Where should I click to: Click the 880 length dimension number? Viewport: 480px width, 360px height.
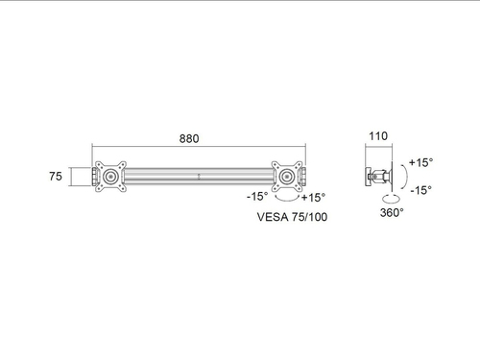189,138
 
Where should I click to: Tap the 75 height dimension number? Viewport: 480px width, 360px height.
56,176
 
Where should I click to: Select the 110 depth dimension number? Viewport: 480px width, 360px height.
378,136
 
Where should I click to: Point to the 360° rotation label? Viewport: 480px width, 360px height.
392,212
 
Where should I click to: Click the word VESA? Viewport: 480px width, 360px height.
273,217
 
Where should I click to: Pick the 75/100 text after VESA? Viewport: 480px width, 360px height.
309,217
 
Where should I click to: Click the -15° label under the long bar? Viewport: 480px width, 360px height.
257,196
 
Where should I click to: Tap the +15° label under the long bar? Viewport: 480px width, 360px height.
313,198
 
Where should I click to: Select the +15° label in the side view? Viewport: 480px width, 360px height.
421,162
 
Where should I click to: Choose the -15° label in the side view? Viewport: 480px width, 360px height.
421,190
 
